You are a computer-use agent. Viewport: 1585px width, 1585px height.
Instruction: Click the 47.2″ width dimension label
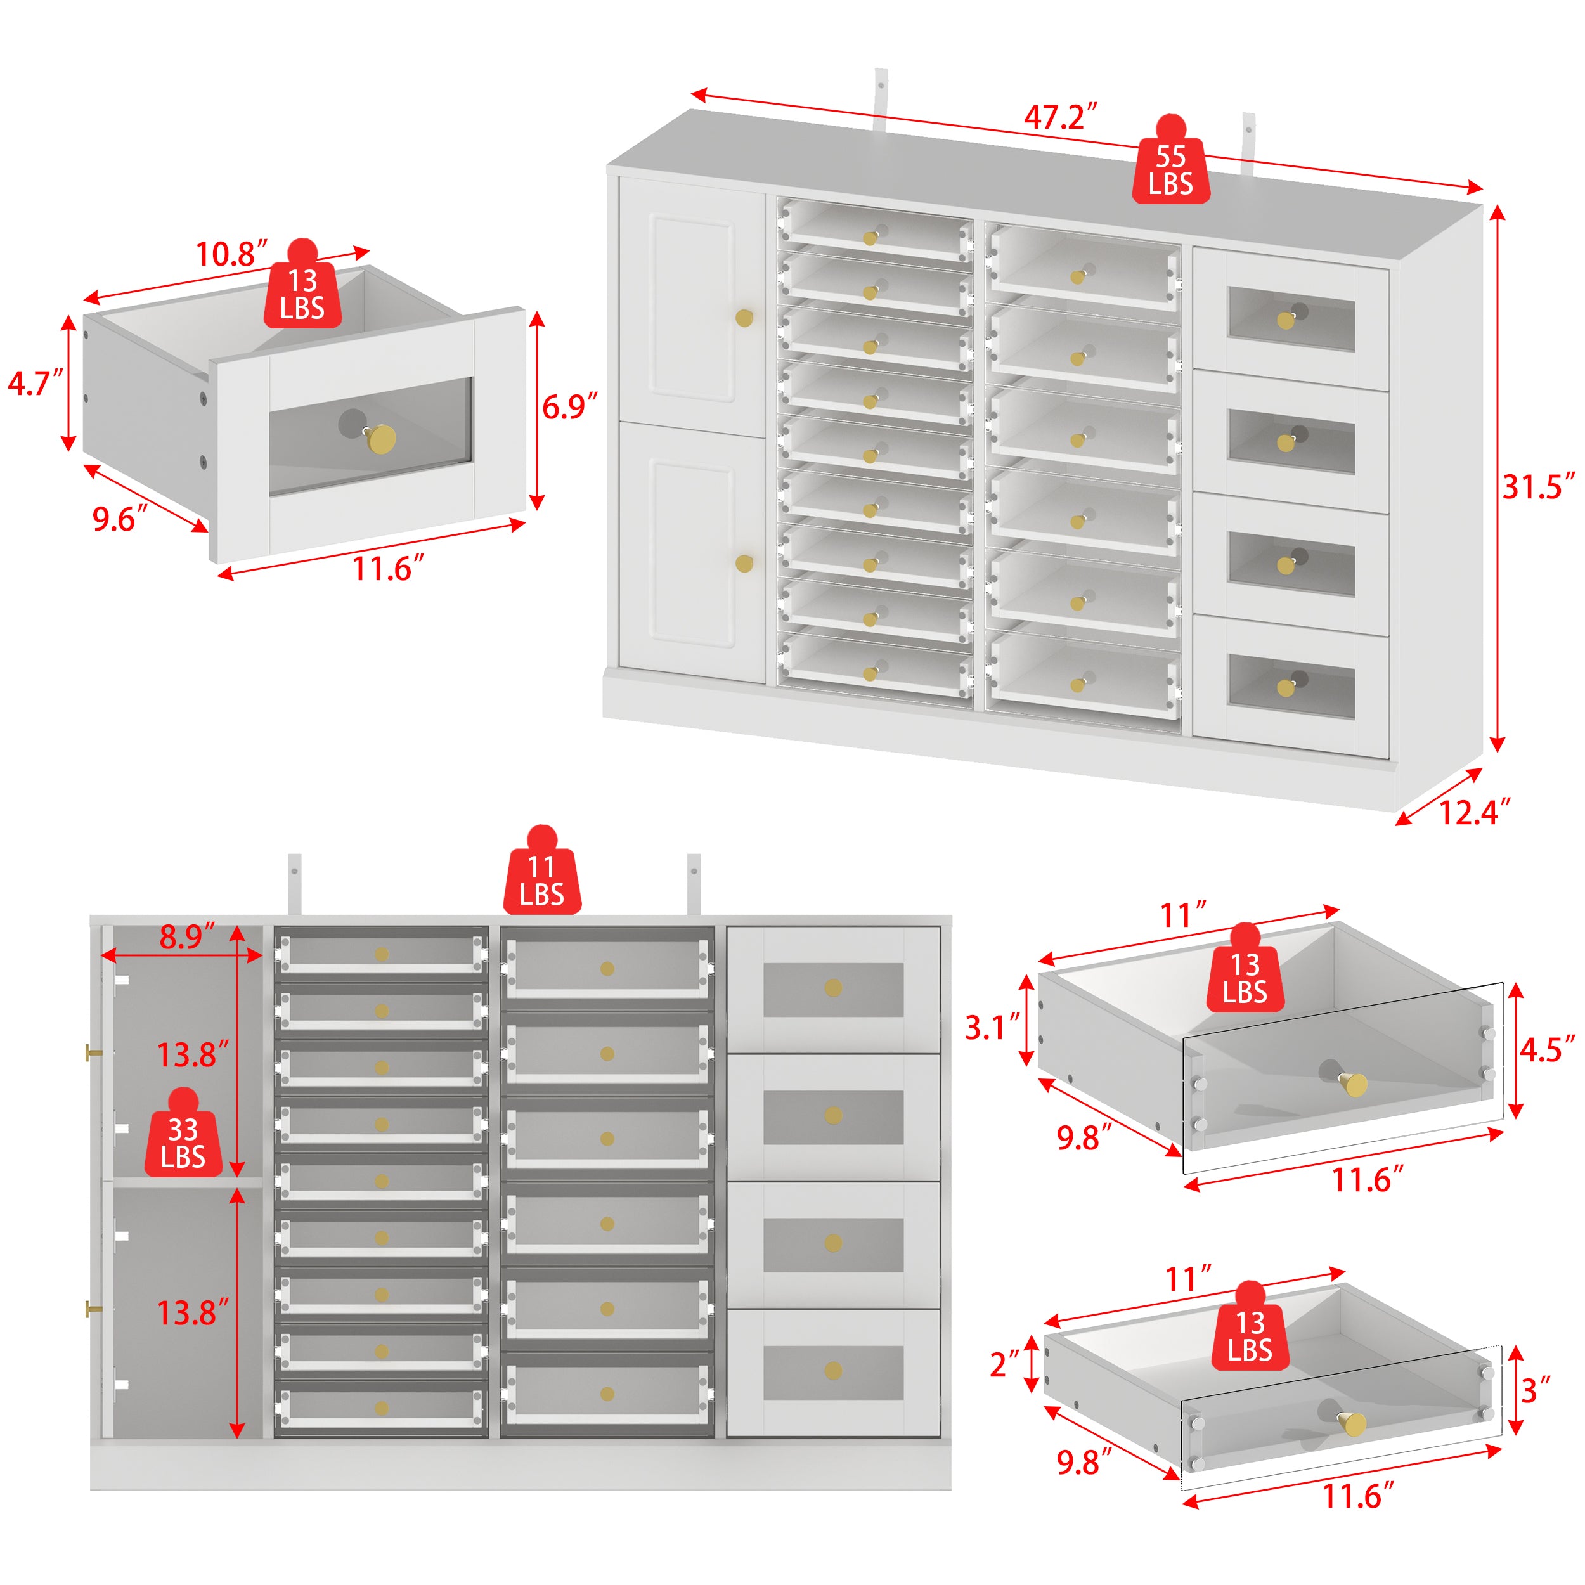click(x=1060, y=117)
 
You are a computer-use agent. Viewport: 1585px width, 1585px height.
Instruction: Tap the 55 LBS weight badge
click(x=1171, y=169)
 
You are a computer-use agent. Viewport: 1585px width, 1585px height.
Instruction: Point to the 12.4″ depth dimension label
click(x=1474, y=812)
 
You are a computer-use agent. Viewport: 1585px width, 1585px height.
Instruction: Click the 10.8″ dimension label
click(x=231, y=254)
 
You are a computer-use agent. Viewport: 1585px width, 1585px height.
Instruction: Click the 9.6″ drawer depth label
click(x=120, y=519)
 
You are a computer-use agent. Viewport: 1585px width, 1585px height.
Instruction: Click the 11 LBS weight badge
click(x=541, y=879)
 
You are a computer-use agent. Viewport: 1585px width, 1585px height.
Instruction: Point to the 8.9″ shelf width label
click(x=187, y=936)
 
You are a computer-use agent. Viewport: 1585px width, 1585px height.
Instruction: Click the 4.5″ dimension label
click(x=1546, y=1049)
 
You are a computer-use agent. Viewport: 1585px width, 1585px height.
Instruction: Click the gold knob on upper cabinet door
click(x=744, y=318)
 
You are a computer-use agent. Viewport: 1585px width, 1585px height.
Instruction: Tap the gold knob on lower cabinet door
click(x=744, y=564)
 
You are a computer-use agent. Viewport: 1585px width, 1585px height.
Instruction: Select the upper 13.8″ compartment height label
click(x=193, y=1055)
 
